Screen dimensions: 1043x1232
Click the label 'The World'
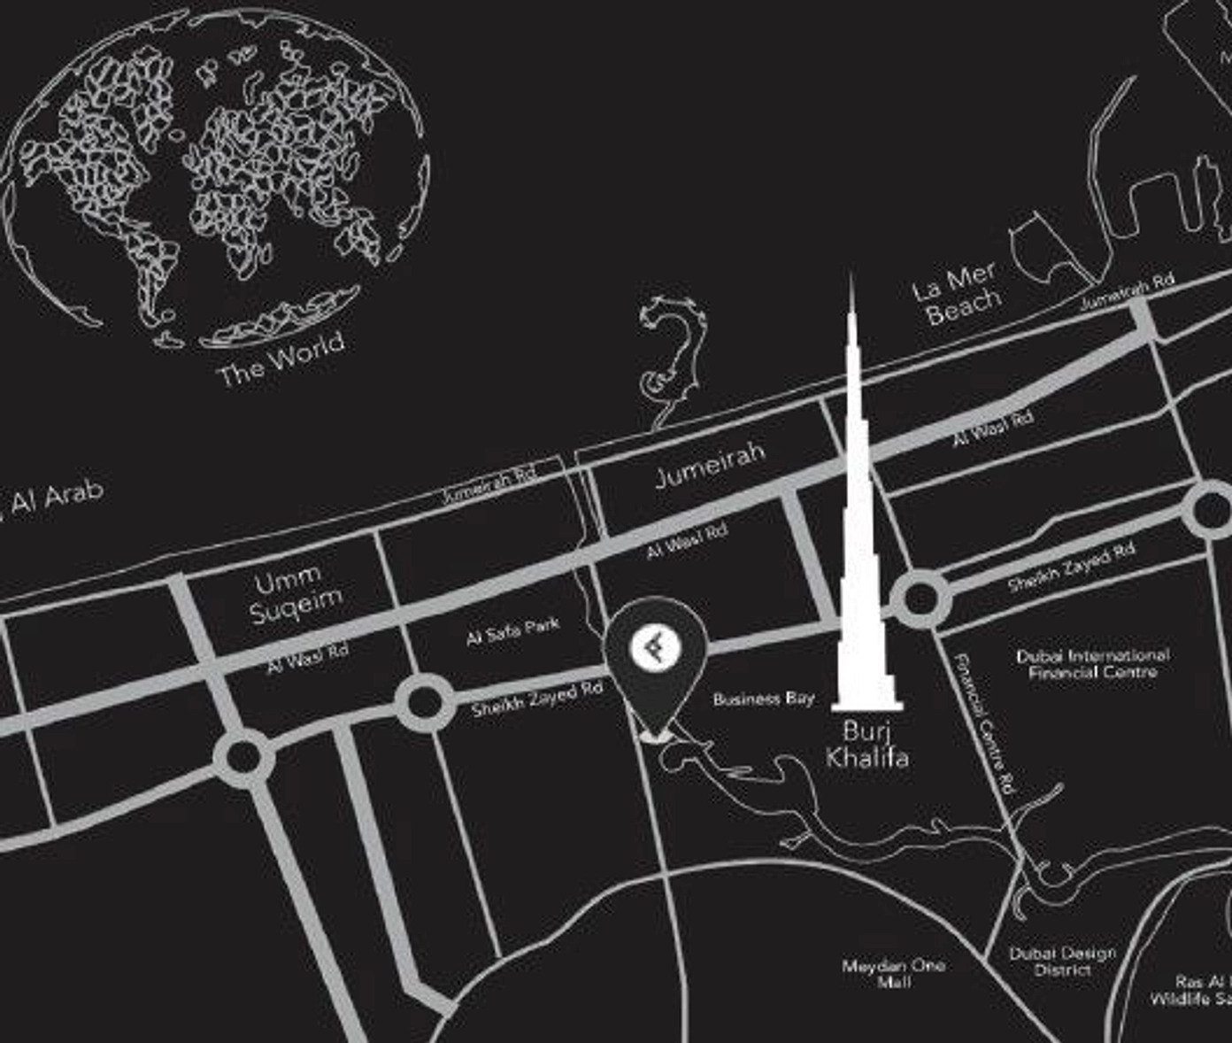281,359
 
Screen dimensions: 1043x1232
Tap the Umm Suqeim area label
296,596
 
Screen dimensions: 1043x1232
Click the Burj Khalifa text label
866,744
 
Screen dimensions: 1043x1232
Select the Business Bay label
763,699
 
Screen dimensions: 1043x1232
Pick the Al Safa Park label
512,630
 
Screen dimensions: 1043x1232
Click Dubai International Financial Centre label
1092,663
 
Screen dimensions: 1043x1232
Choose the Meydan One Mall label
893,973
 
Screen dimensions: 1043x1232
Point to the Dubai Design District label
1062,962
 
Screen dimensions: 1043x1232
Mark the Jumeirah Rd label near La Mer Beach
1126,291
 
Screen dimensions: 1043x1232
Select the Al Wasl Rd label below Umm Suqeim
308,660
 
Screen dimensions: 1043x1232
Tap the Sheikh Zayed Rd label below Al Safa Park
536,699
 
